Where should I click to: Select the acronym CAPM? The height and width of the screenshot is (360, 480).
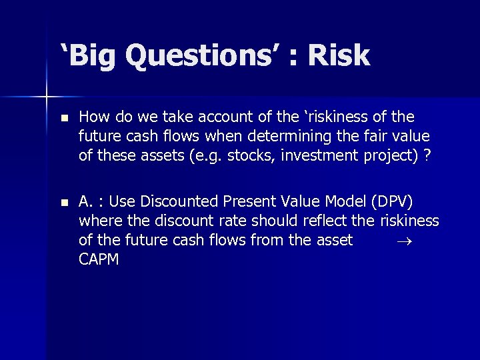(x=99, y=259)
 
